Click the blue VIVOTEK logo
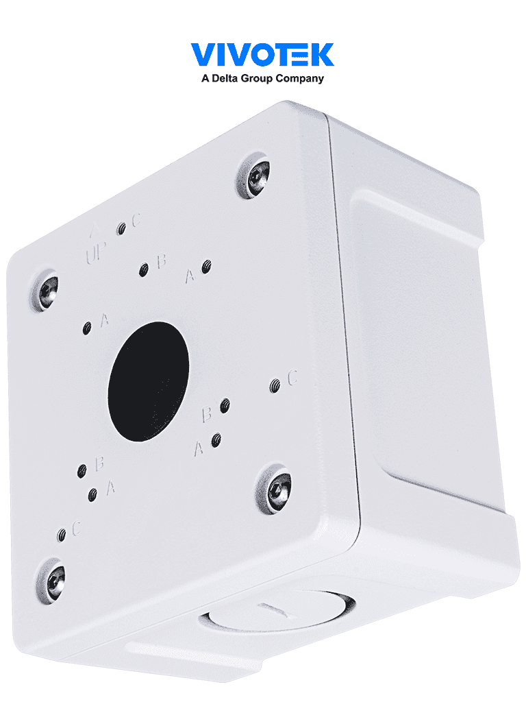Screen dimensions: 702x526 pyautogui.click(x=262, y=55)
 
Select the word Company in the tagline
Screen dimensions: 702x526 pyautogui.click(x=300, y=79)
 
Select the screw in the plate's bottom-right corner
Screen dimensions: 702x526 pyautogui.click(x=275, y=488)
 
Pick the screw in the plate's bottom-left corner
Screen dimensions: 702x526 pyautogui.click(x=51, y=579)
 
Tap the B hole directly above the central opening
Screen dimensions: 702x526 pyautogui.click(x=144, y=270)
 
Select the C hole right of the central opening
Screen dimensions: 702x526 pyautogui.click(x=275, y=386)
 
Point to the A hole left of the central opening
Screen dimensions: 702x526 pyautogui.click(x=87, y=328)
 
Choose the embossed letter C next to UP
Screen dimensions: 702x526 pyautogui.click(x=136, y=220)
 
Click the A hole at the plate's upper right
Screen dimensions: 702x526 pyautogui.click(x=205, y=267)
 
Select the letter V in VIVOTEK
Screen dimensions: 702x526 pyautogui.click(x=203, y=55)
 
